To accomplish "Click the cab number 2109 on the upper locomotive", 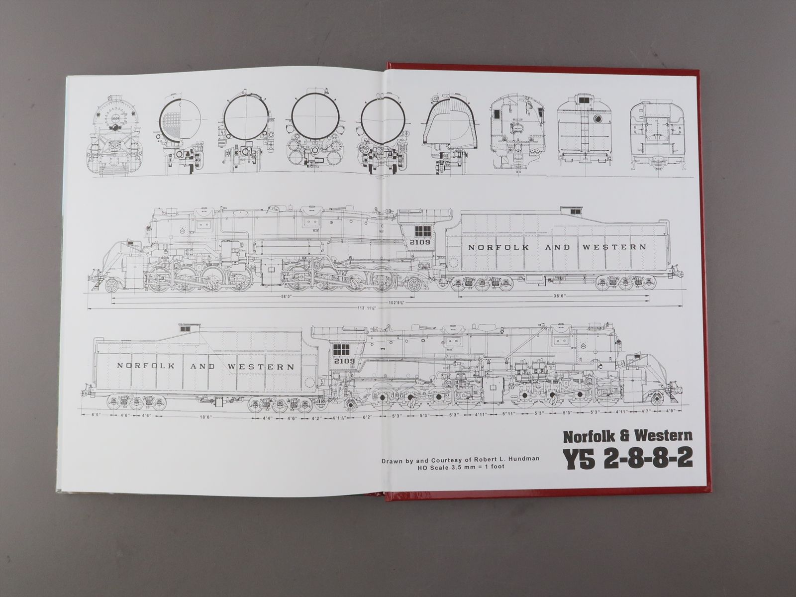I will point(420,242).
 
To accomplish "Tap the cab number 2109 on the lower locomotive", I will point(344,361).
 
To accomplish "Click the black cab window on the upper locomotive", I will point(422,230).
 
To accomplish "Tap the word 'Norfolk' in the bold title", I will point(588,437).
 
